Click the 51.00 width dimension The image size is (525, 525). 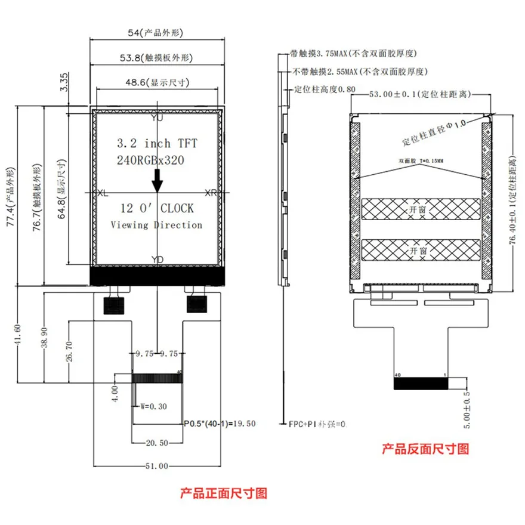pyautogui.click(x=156, y=466)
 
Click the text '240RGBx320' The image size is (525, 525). pyautogui.click(x=150, y=160)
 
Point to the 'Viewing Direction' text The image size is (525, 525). pyautogui.click(x=157, y=225)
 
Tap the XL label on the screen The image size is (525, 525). pyautogui.click(x=103, y=193)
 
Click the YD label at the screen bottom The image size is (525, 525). pyautogui.click(x=157, y=259)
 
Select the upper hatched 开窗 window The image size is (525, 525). pyautogui.click(x=421, y=209)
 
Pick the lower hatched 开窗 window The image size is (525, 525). pyautogui.click(x=421, y=251)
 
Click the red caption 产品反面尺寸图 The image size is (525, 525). pyautogui.click(x=425, y=447)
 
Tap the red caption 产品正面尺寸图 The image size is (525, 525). pyautogui.click(x=224, y=493)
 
